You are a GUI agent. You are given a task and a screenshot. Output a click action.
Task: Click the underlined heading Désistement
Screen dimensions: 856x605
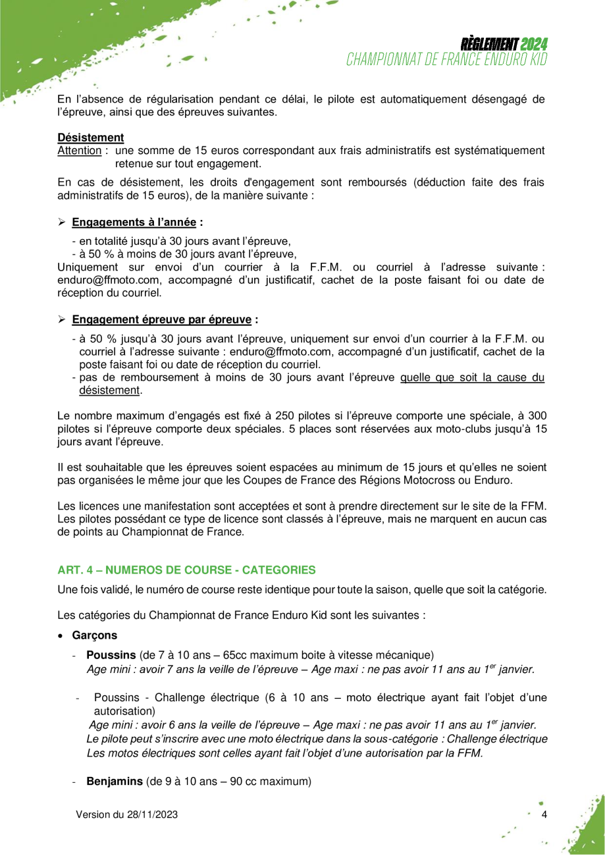pyautogui.click(x=91, y=138)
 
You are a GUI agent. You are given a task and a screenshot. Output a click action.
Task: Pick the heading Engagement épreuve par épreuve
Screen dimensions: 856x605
pyautogui.click(x=161, y=319)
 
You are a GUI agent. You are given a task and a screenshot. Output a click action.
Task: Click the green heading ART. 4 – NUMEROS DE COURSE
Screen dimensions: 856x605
pyautogui.click(x=186, y=569)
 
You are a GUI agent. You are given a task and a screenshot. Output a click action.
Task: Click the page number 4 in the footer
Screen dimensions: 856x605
pyautogui.click(x=544, y=815)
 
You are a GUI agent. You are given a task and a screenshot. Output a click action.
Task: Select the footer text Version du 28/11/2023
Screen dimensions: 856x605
pyautogui.click(x=126, y=815)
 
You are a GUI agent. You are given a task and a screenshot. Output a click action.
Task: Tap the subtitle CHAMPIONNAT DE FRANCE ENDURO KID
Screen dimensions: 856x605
pyautogui.click(x=448, y=59)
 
